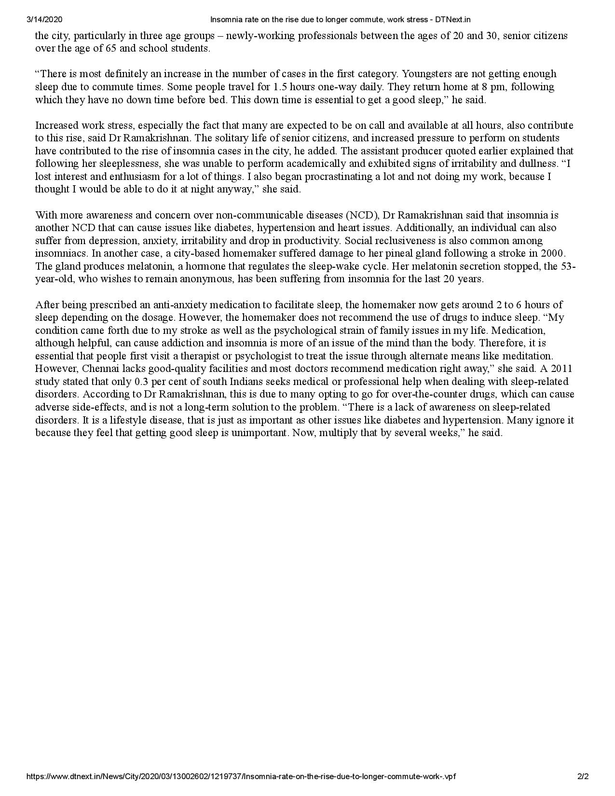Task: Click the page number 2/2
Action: click(x=583, y=776)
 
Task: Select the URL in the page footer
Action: click(x=241, y=776)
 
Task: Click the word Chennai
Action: click(x=102, y=369)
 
